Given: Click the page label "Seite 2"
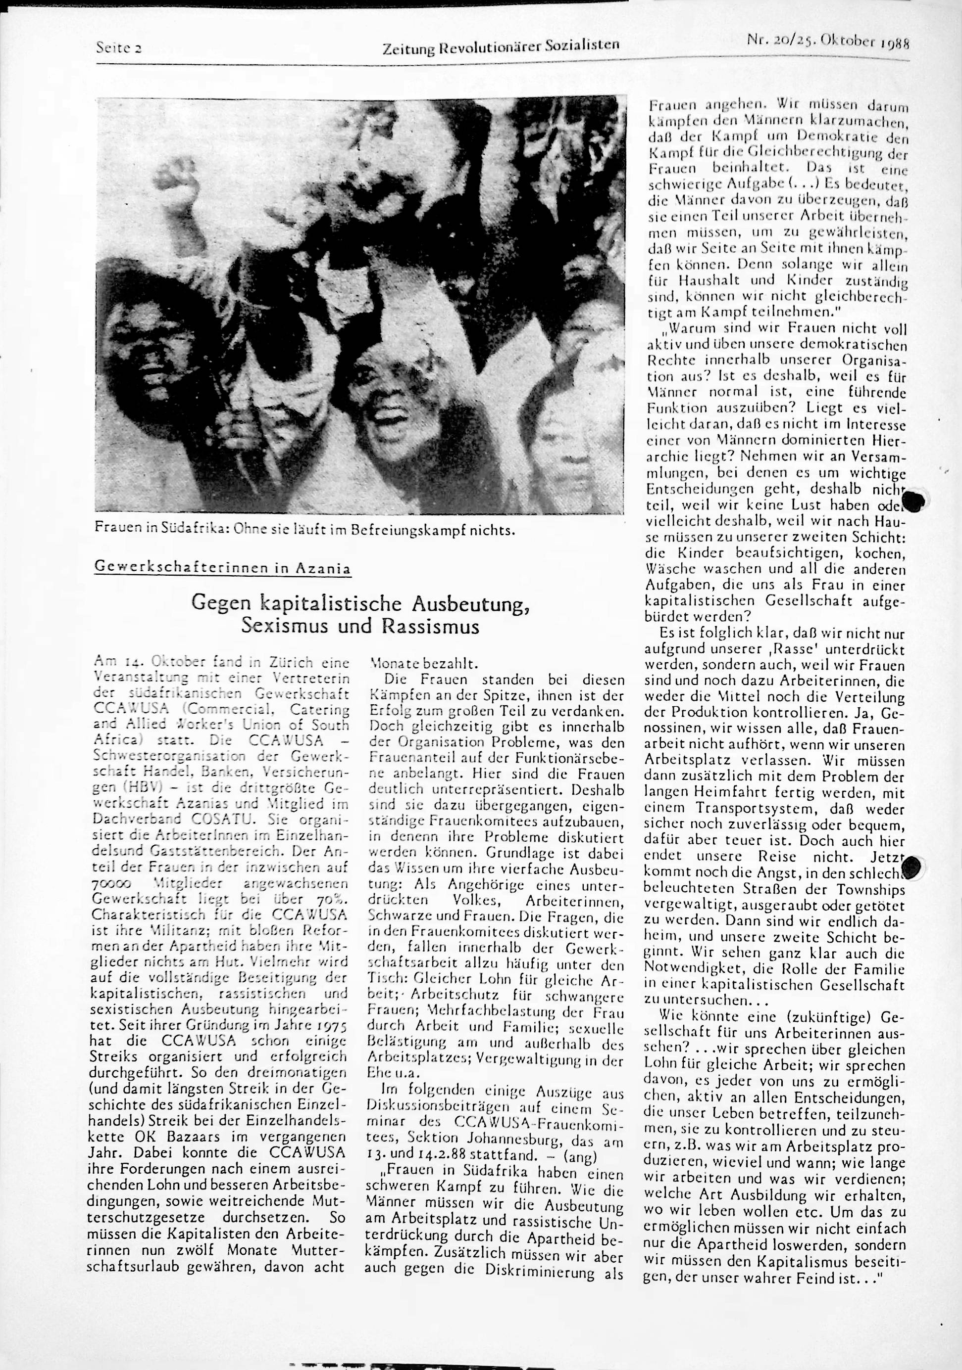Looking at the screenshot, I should coord(118,49).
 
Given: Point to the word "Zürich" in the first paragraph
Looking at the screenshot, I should coord(293,662).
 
